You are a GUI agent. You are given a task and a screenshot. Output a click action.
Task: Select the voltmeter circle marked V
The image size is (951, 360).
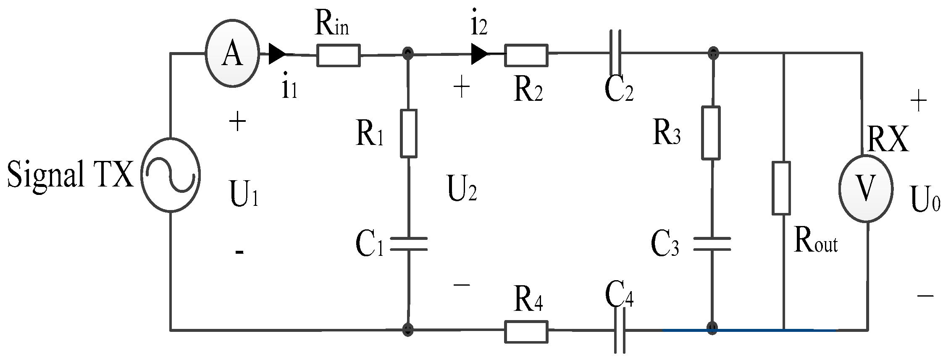point(865,188)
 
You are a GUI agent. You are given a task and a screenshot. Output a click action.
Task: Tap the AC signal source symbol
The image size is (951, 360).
point(170,176)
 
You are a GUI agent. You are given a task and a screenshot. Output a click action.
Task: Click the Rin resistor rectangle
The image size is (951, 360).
point(338,55)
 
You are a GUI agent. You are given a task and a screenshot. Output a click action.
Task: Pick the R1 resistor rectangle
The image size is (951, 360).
point(408,134)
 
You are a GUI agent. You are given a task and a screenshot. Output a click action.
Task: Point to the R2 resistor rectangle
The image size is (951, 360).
point(526,55)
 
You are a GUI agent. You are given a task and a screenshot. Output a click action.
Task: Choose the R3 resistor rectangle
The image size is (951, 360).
point(711,133)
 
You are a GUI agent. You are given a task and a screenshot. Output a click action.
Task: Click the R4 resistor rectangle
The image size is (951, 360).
point(526,331)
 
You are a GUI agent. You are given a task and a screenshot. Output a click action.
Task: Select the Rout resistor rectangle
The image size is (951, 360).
point(781,188)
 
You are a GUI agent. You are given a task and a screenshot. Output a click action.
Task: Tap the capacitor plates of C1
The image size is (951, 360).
point(409,244)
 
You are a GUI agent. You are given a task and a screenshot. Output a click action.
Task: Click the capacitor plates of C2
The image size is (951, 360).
point(616,53)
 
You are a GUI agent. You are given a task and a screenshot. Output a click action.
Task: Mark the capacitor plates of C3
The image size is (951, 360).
point(712,244)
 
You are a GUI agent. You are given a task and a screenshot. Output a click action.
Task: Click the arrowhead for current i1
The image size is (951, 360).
point(276,54)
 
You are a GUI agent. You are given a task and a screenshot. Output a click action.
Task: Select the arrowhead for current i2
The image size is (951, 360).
point(479,54)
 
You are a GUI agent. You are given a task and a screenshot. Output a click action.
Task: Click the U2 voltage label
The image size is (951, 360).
point(462,192)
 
